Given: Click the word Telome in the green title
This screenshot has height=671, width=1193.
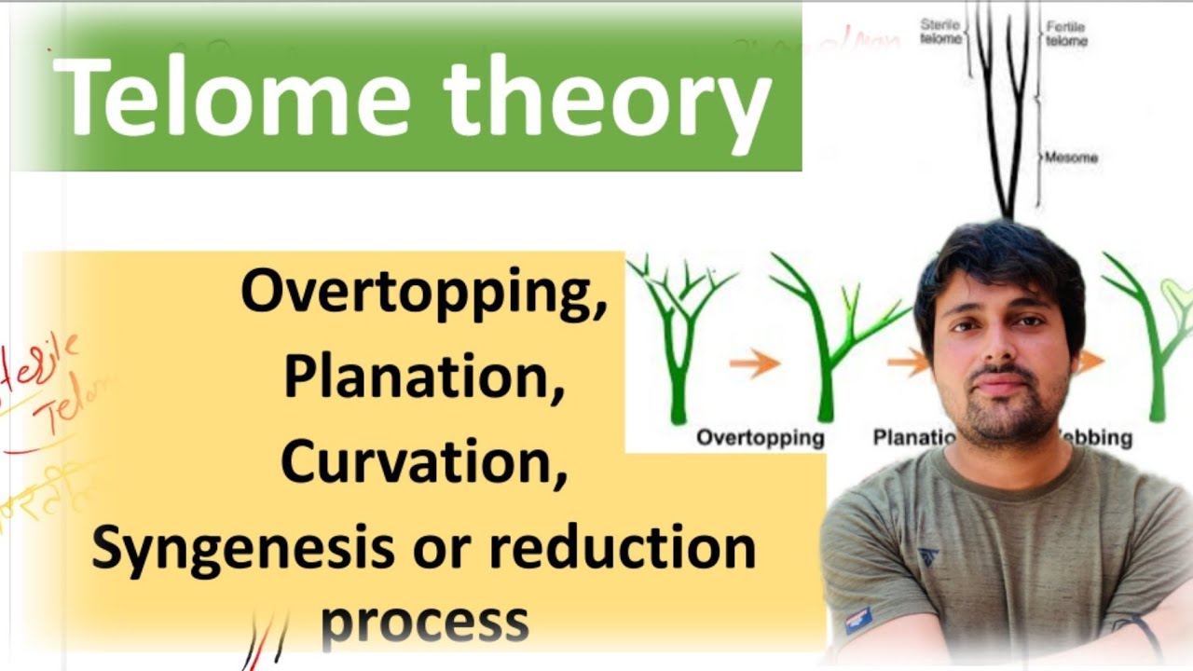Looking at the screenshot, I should [x=233, y=98].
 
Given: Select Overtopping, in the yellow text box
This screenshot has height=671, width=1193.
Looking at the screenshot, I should [x=424, y=293].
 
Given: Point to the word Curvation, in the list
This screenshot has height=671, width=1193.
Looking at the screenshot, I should [x=424, y=461].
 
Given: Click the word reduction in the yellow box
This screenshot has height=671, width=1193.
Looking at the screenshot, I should [x=622, y=548].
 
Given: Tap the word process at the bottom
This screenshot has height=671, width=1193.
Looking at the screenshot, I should [x=424, y=619].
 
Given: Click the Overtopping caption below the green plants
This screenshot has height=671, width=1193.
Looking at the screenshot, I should [x=761, y=437].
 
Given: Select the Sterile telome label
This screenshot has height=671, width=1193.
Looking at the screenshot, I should [x=939, y=33].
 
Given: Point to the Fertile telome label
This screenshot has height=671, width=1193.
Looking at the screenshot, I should [x=1065, y=34].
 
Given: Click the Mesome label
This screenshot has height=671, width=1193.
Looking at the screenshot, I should [x=1071, y=157].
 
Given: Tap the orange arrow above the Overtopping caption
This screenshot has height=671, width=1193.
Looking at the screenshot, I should [x=754, y=363].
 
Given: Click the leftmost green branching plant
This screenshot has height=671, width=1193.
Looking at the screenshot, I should [x=679, y=335].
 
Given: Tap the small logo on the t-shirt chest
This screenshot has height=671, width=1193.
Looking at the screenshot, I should [x=928, y=557].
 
